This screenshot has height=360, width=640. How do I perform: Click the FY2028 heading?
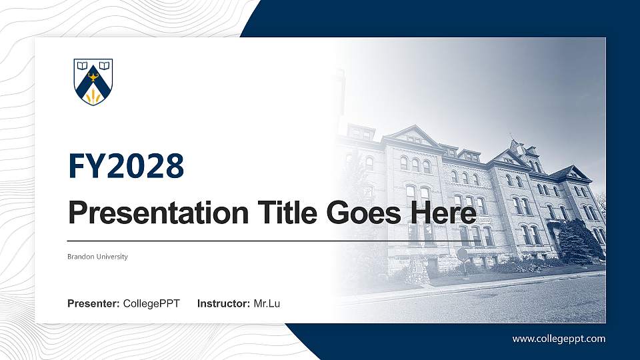click(x=125, y=166)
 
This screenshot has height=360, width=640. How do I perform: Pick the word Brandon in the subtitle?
click(x=80, y=257)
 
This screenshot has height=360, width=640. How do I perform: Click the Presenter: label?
click(x=93, y=304)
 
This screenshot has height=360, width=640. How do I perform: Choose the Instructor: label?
click(x=224, y=304)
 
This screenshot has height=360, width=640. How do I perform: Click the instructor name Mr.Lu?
click(x=267, y=304)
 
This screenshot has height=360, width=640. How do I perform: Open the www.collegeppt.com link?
click(x=559, y=339)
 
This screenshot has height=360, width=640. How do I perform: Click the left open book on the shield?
click(x=83, y=67)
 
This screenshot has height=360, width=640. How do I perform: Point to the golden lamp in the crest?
click(x=93, y=79)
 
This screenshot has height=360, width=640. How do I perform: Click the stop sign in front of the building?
click(x=462, y=253)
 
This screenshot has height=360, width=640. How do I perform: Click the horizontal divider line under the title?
click(x=267, y=240)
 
